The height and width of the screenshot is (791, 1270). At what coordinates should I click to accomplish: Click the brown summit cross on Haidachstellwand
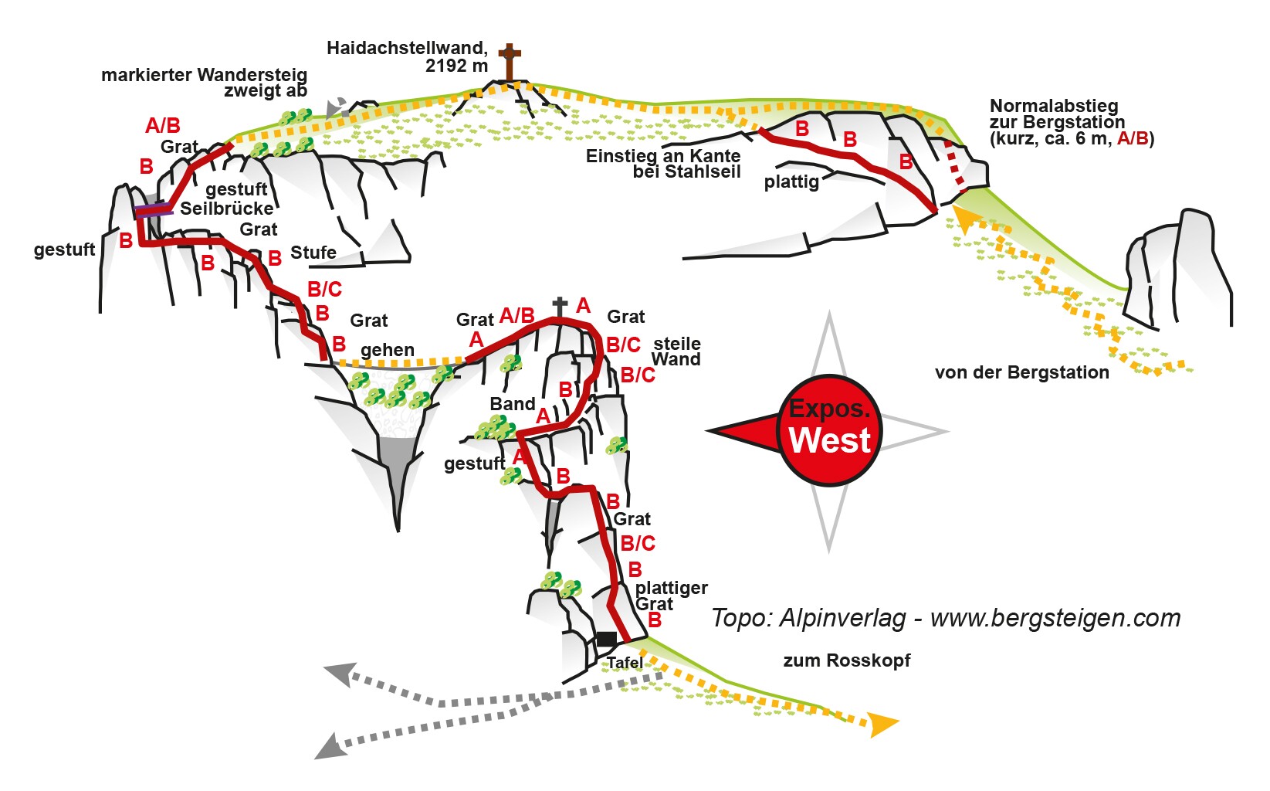509,60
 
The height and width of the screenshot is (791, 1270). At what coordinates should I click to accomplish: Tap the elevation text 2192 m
456,66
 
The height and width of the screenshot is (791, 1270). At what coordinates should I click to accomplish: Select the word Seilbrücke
227,209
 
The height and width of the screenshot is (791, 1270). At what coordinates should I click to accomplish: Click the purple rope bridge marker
154,210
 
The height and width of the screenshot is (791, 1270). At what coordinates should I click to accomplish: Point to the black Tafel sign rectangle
607,639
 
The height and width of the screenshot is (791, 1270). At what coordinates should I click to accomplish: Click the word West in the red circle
830,440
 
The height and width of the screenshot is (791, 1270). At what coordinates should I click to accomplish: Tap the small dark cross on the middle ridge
560,306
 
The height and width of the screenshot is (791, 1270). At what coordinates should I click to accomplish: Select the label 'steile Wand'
676,351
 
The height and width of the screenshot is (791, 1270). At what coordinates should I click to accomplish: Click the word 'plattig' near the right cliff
791,182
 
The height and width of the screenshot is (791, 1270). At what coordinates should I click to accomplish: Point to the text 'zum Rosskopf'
847,660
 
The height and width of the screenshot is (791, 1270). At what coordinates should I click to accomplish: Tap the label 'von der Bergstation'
1021,372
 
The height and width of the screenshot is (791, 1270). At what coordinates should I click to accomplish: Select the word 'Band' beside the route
513,404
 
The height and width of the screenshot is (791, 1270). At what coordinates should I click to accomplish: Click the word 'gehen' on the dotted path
388,350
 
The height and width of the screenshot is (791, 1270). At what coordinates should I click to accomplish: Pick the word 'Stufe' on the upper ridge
313,253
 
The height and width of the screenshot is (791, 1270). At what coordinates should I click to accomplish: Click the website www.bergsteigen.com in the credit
1055,618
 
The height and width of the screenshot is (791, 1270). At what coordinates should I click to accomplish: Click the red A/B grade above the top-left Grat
163,125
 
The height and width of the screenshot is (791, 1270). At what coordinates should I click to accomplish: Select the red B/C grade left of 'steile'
623,345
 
